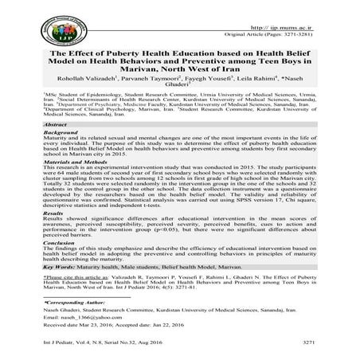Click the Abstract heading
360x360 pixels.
tap(56, 127)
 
